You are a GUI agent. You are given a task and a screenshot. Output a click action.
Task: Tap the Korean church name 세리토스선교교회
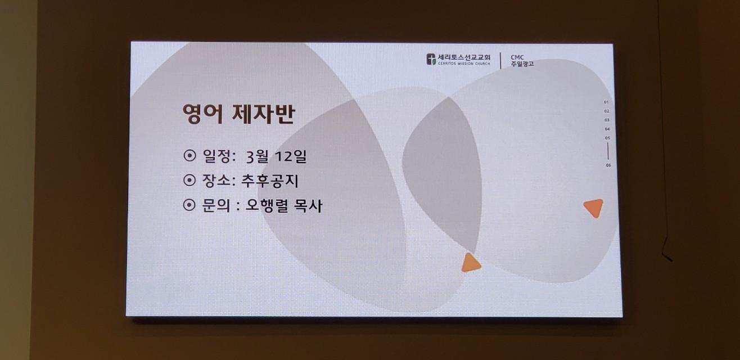(x=464, y=57)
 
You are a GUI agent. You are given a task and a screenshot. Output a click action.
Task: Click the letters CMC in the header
(x=517, y=57)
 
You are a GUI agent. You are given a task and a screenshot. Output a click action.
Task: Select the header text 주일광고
(x=522, y=64)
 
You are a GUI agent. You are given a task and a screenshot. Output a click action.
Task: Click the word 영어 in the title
(x=202, y=114)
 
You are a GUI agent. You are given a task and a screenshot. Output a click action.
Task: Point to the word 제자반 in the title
(x=263, y=114)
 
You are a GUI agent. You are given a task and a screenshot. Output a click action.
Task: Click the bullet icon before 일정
(x=189, y=155)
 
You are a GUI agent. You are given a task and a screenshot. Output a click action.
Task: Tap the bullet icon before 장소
(x=189, y=180)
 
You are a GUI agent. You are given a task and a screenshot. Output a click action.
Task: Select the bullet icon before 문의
(x=189, y=205)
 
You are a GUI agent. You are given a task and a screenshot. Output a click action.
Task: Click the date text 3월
(x=257, y=157)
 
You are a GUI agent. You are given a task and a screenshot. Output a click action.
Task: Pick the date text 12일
(x=290, y=156)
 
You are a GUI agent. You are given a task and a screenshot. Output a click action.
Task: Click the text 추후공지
(x=270, y=181)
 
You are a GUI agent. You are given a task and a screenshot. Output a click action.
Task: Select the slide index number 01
(x=606, y=102)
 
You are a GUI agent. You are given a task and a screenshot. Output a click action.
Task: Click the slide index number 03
(x=607, y=120)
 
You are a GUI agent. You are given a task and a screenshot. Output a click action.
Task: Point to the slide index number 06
(x=608, y=165)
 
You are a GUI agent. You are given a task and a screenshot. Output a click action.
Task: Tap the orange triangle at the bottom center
(x=471, y=263)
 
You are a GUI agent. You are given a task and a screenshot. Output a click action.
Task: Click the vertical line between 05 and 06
(x=608, y=151)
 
